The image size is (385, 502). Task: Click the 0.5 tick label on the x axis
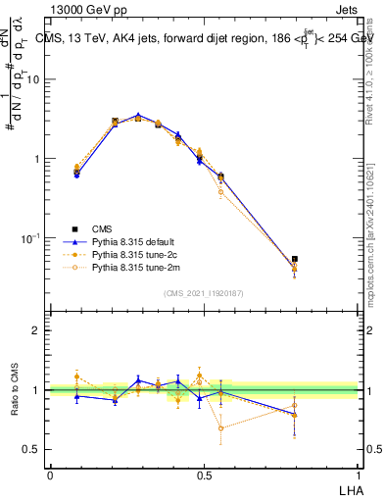point(204,475)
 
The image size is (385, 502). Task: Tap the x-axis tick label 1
point(358,475)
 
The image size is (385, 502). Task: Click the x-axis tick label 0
point(50,475)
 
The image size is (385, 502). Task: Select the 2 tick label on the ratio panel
point(36,330)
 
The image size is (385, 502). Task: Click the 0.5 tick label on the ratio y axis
point(31,449)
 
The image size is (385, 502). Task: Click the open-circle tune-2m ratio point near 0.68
point(221,427)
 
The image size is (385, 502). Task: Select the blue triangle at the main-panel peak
point(139,115)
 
